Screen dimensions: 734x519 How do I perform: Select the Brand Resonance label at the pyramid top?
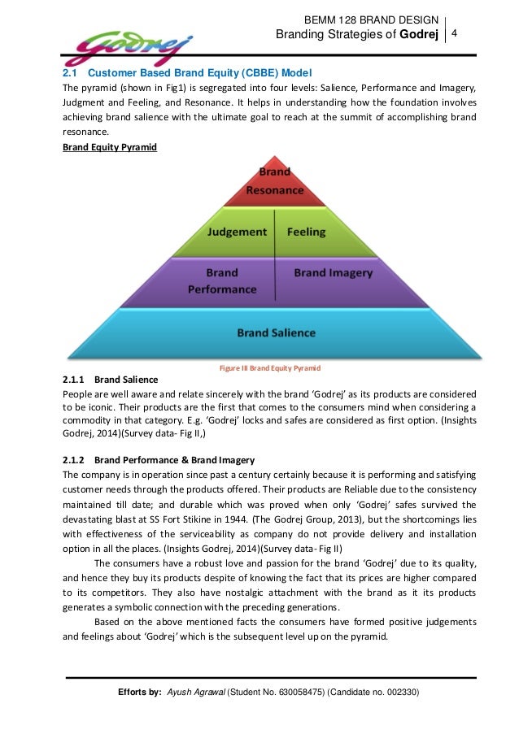(275, 181)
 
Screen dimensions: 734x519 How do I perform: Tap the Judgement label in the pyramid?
(237, 232)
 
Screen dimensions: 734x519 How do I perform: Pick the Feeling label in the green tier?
(306, 232)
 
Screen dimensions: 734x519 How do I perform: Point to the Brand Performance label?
(222, 280)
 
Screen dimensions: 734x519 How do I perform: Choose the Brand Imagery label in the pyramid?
(333, 272)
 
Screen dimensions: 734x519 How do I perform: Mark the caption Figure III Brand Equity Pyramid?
(270, 367)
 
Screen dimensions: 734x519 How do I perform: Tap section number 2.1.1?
(75, 380)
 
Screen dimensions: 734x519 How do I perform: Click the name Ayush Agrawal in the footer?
(194, 693)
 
